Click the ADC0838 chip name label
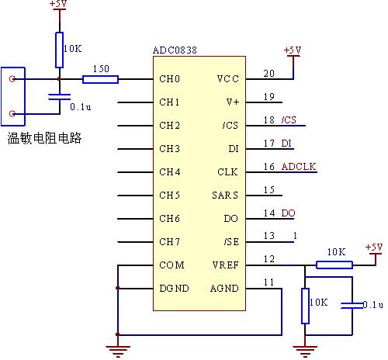pos(175,50)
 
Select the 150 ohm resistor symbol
pos(100,79)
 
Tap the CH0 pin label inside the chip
pos(169,79)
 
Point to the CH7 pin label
pos(169,242)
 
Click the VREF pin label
pos(225,265)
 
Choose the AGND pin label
pos(224,289)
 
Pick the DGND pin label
pos(174,289)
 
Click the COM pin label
pos(171,265)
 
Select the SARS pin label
pos(225,196)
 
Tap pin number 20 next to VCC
pos(269,74)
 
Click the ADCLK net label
pos(299,167)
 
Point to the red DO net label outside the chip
pos(288,213)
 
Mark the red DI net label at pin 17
pos(286,144)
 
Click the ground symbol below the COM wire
pos(118,351)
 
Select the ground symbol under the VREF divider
pos(305,351)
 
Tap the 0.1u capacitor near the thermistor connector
pos(60,97)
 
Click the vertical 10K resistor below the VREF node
pos(305,306)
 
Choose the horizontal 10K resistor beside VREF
pos(334,265)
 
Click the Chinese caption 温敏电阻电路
pos(44,138)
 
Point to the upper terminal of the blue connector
pos(12,78)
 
